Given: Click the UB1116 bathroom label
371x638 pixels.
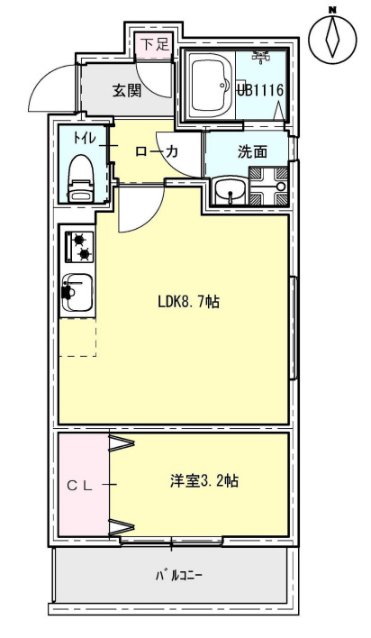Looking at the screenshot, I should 261,89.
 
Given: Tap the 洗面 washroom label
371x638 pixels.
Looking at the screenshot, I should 252,152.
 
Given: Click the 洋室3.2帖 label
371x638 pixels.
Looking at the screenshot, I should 204,480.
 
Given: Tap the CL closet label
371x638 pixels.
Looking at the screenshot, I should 81,485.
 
